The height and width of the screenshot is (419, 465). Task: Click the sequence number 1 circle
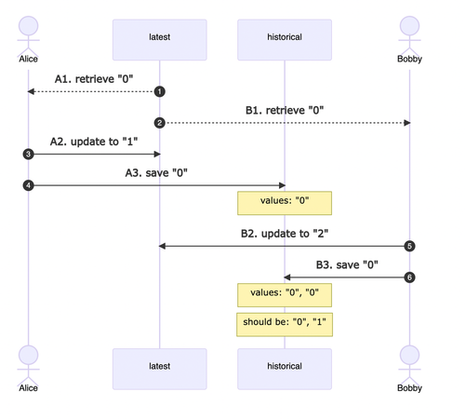tap(160, 91)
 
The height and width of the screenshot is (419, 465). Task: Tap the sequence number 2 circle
tap(160, 123)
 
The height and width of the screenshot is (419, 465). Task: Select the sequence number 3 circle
tap(29, 154)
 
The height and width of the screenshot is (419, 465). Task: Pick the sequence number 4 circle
tap(29, 185)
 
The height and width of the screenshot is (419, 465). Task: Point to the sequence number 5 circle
tap(409, 246)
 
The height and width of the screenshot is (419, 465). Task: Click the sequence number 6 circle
tap(409, 277)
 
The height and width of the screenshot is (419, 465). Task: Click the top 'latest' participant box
tap(160, 40)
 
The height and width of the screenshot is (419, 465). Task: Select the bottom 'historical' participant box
tap(285, 369)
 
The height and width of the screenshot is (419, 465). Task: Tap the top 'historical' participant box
tap(285, 40)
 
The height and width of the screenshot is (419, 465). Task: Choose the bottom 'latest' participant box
tap(160, 369)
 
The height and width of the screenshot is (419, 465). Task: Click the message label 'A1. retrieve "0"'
tap(94, 79)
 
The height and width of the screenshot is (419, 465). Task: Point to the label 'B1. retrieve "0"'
tap(285, 110)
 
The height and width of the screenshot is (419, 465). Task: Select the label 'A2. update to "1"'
tap(94, 142)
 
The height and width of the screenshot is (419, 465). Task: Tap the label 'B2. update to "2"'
tap(285, 234)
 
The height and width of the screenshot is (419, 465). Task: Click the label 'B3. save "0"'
tap(347, 264)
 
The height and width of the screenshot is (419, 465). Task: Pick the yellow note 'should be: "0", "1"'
tap(285, 325)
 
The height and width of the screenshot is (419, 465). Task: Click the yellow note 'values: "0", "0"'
tap(285, 295)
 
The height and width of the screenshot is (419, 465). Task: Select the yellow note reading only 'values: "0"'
tap(285, 203)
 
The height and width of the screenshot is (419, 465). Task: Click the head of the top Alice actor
tap(29, 26)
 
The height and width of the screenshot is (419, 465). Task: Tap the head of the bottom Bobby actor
tap(409, 355)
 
